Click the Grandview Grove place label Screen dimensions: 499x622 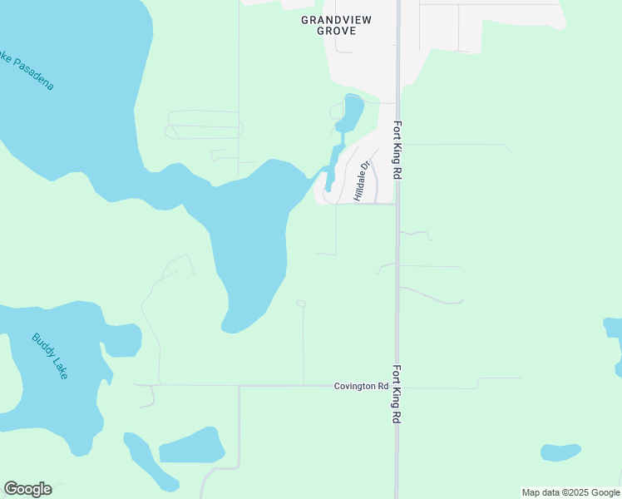pos(337,25)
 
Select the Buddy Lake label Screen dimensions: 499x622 pos(49,356)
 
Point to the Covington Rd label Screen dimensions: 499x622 pos(361,386)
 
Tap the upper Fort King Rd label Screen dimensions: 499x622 pos(397,151)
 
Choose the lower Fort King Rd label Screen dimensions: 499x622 pos(397,394)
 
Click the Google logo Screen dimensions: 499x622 pos(27,489)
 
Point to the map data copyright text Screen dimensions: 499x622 pos(570,492)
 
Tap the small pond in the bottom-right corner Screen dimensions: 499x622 pos(560,452)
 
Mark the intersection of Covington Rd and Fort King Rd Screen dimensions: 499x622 pos(397,386)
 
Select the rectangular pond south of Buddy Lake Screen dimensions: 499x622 pos(191,447)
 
